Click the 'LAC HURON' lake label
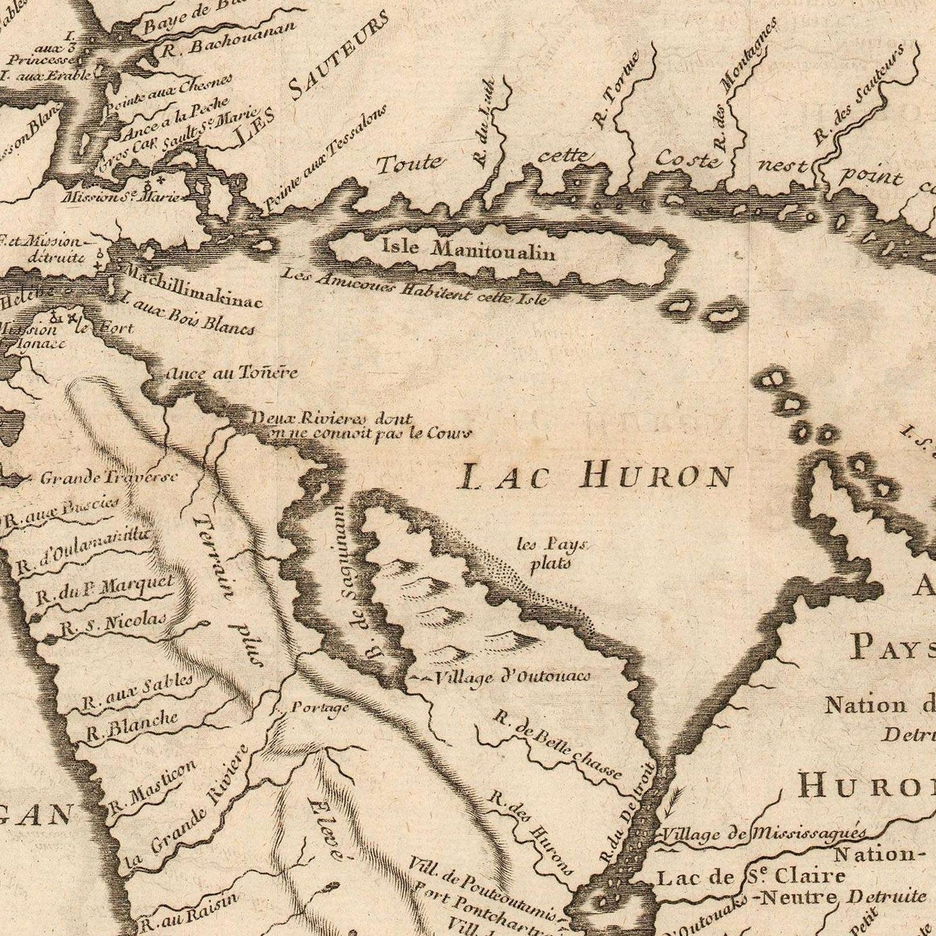595,476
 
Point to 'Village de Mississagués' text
763,833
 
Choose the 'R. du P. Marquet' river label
105,590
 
